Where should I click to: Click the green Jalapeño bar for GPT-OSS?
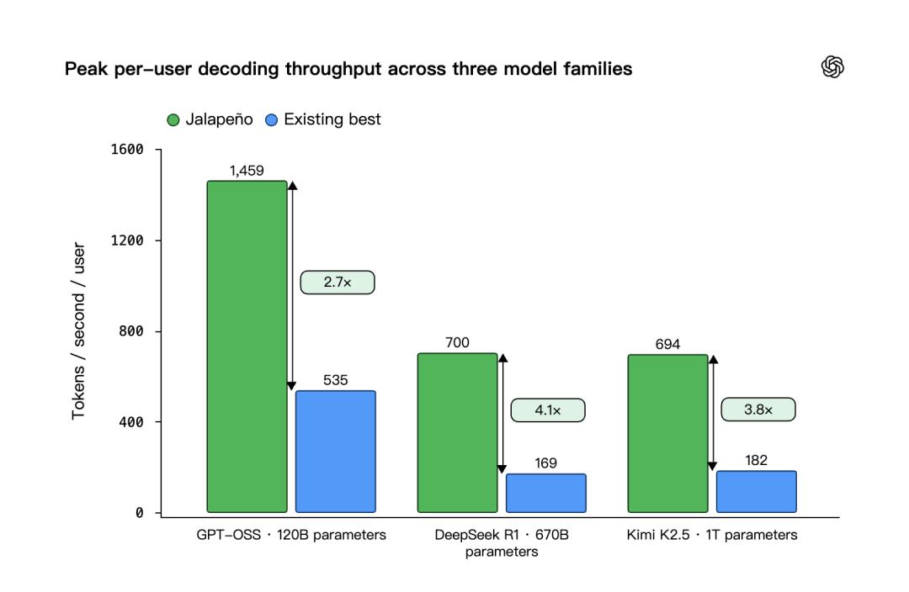pos(247,346)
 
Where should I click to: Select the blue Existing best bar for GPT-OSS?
pos(336,452)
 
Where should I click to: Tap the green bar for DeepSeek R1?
pos(457,433)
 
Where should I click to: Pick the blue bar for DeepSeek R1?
pos(546,493)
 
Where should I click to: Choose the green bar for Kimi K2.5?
pos(667,433)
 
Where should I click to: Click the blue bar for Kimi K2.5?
pos(757,492)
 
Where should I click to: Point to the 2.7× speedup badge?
pos(338,282)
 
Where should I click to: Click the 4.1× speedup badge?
pos(548,410)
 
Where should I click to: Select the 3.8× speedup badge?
pos(758,410)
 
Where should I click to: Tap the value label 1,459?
pos(247,171)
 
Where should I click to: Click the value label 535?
pos(336,380)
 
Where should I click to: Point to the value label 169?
pos(545,462)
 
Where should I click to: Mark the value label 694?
pos(667,344)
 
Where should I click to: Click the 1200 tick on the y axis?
pos(127,240)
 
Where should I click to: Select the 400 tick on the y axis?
pos(131,422)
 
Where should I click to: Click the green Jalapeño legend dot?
pos(173,120)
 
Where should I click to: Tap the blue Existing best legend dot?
pos(271,120)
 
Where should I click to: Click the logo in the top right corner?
pos(832,66)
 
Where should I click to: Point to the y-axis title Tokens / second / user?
pos(78,330)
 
